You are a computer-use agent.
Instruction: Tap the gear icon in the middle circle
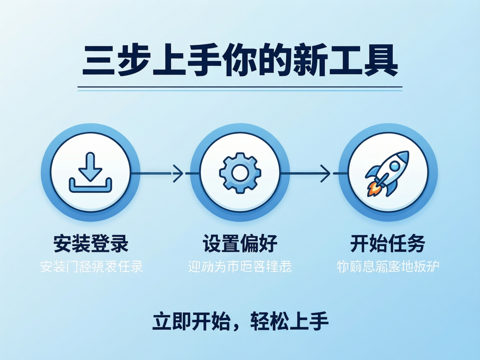pos(240,173)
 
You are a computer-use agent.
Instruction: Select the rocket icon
pos(388,173)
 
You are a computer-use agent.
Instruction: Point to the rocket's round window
pos(395,166)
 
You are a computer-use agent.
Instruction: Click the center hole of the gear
pos(240,173)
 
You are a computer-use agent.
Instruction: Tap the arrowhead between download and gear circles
pos(178,173)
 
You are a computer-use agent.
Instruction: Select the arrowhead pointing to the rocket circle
pos(325,173)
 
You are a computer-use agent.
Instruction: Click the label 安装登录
pos(91,243)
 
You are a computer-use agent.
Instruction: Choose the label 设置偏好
pos(240,243)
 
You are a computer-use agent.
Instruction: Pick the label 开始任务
pos(388,243)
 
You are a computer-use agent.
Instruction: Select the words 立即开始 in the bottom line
pos(191,322)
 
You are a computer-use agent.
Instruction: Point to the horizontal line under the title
pos(240,87)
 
